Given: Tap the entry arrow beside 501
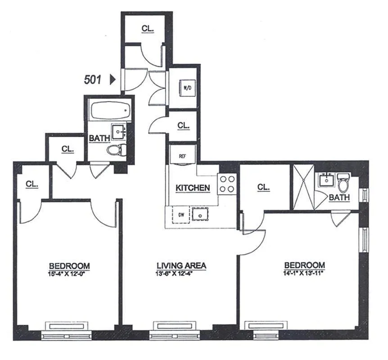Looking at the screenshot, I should point(113,80).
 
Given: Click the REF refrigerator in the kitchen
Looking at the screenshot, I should point(182,156).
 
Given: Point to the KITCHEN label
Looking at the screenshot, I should point(193,188).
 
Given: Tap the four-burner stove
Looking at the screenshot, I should point(227,184).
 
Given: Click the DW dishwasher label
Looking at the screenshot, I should point(181,215).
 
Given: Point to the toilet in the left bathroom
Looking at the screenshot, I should point(117,149).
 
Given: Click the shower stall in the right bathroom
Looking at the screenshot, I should point(302,187).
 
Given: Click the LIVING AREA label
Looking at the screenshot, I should point(181,265).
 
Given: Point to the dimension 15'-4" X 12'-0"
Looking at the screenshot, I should point(69,273).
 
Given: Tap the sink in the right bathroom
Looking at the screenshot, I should point(325,180).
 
